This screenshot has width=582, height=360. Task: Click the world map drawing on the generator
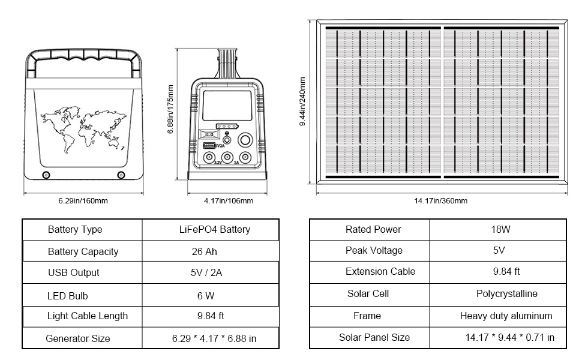[83, 124]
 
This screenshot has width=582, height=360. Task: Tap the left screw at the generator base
[46, 175]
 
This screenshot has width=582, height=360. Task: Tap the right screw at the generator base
[121, 175]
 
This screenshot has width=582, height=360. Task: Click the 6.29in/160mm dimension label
[83, 201]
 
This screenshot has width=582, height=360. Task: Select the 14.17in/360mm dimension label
[440, 201]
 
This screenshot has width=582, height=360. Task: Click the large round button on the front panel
[245, 140]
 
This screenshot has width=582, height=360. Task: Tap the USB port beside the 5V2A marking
[209, 146]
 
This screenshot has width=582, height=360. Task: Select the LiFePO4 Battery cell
[214, 229]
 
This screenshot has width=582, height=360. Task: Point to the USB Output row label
[74, 272]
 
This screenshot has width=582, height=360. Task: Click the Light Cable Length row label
[87, 316]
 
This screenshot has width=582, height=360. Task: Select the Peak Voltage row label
[374, 250]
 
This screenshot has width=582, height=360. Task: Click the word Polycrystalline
[506, 293]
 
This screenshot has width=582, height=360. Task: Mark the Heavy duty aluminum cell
[506, 316]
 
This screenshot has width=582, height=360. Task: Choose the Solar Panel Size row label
[374, 337]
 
